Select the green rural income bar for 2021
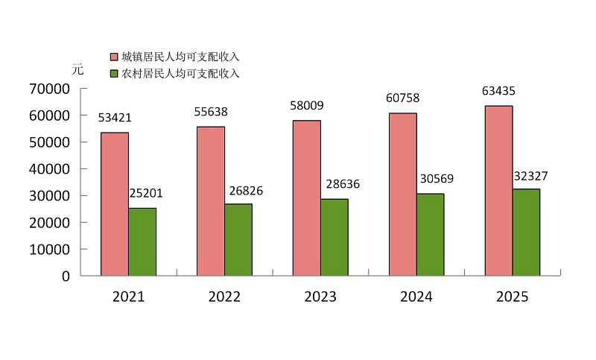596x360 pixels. (x=142, y=241)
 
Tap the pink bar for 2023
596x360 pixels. (x=306, y=198)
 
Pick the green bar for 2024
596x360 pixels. (x=430, y=235)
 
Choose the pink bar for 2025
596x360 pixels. (x=498, y=191)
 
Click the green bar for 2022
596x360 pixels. (x=238, y=239)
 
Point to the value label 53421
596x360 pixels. (x=115, y=117)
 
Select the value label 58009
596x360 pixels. (x=306, y=106)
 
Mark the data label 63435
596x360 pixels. (x=498, y=92)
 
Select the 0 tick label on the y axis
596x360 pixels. (x=66, y=276)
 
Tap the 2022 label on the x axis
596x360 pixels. (x=224, y=297)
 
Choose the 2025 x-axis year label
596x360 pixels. (x=512, y=297)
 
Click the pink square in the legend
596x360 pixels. (x=114, y=57)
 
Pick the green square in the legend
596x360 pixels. (x=114, y=74)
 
